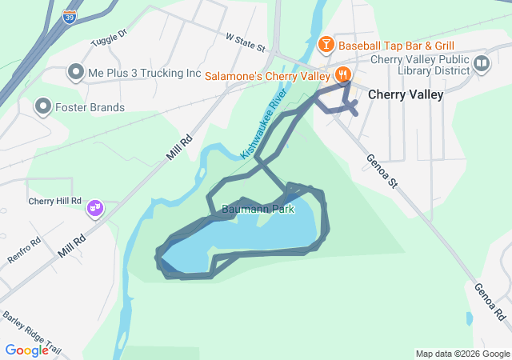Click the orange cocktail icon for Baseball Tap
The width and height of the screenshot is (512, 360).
(x=326, y=44)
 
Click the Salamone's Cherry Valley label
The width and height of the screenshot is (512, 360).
(x=267, y=76)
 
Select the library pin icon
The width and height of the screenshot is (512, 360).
(x=482, y=64)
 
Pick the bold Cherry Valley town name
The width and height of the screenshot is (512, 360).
(x=405, y=94)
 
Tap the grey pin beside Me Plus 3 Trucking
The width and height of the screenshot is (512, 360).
(x=76, y=73)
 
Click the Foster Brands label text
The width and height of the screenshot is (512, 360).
(x=90, y=107)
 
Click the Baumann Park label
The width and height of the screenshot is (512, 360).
(x=258, y=210)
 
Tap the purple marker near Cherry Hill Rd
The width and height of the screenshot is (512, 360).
(x=95, y=208)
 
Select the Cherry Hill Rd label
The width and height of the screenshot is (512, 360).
(x=55, y=201)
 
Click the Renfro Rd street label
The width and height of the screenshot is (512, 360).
(x=24, y=243)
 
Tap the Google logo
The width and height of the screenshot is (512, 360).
(x=26, y=350)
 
